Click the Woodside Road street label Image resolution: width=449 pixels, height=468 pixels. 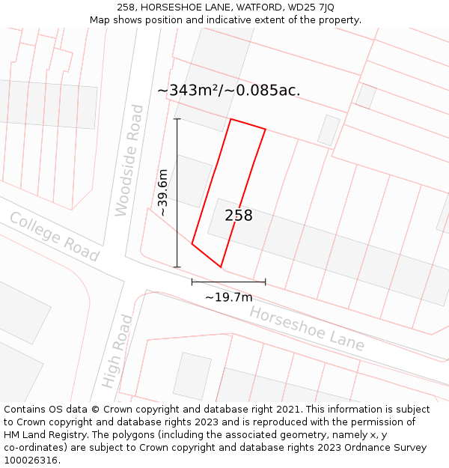click(128, 161)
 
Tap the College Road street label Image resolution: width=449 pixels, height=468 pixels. click(54, 237)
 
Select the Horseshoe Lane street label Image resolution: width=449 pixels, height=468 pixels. click(307, 329)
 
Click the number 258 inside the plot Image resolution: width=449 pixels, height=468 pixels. click(239, 216)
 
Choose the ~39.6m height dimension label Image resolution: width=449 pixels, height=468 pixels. click(162, 193)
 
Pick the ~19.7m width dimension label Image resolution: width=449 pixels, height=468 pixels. click(229, 297)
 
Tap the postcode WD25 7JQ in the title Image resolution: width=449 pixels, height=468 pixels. click(312, 7)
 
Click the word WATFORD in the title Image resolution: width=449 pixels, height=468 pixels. click(251, 7)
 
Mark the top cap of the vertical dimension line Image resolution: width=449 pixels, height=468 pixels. click(177, 119)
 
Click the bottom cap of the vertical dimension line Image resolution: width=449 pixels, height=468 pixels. click(177, 267)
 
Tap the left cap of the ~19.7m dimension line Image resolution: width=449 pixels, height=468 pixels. click(192, 282)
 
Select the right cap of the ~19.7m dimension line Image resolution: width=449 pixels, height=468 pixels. click(266, 282)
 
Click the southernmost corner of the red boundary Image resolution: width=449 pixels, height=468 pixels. click(221, 267)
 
